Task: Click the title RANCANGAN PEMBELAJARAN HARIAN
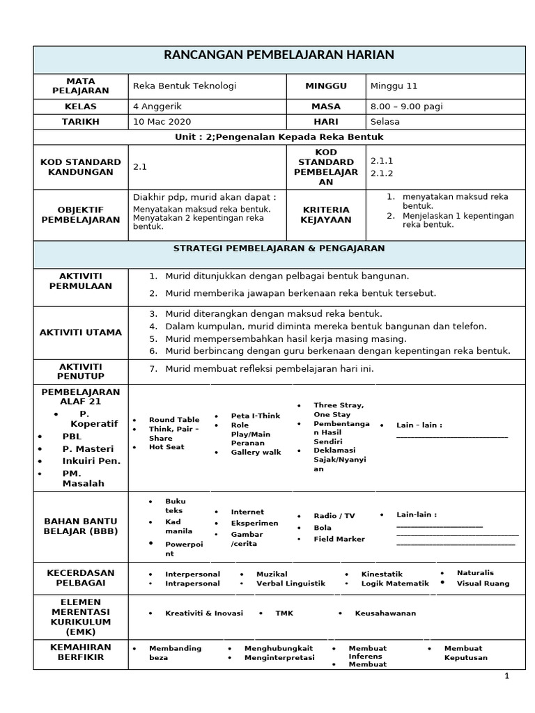pyautogui.click(x=279, y=55)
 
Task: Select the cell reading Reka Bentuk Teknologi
pyautogui.click(x=185, y=86)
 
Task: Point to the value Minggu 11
pyautogui.click(x=394, y=86)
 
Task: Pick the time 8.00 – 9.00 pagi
pyautogui.click(x=406, y=107)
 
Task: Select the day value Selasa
pyautogui.click(x=385, y=121)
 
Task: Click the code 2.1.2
pyautogui.click(x=382, y=173)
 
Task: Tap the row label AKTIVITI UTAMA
pyautogui.click(x=81, y=332)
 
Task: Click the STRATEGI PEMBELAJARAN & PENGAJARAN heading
pyautogui.click(x=279, y=248)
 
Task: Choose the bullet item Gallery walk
pyautogui.click(x=256, y=452)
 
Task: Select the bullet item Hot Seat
pyautogui.click(x=166, y=447)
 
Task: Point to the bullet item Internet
pyautogui.click(x=247, y=512)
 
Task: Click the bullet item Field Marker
pyautogui.click(x=339, y=539)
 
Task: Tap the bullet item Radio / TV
pyautogui.click(x=334, y=516)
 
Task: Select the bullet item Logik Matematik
pyautogui.click(x=394, y=583)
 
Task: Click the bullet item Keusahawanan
pyautogui.click(x=385, y=613)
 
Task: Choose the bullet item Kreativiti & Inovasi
pyautogui.click(x=203, y=613)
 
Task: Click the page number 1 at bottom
pyautogui.click(x=507, y=675)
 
